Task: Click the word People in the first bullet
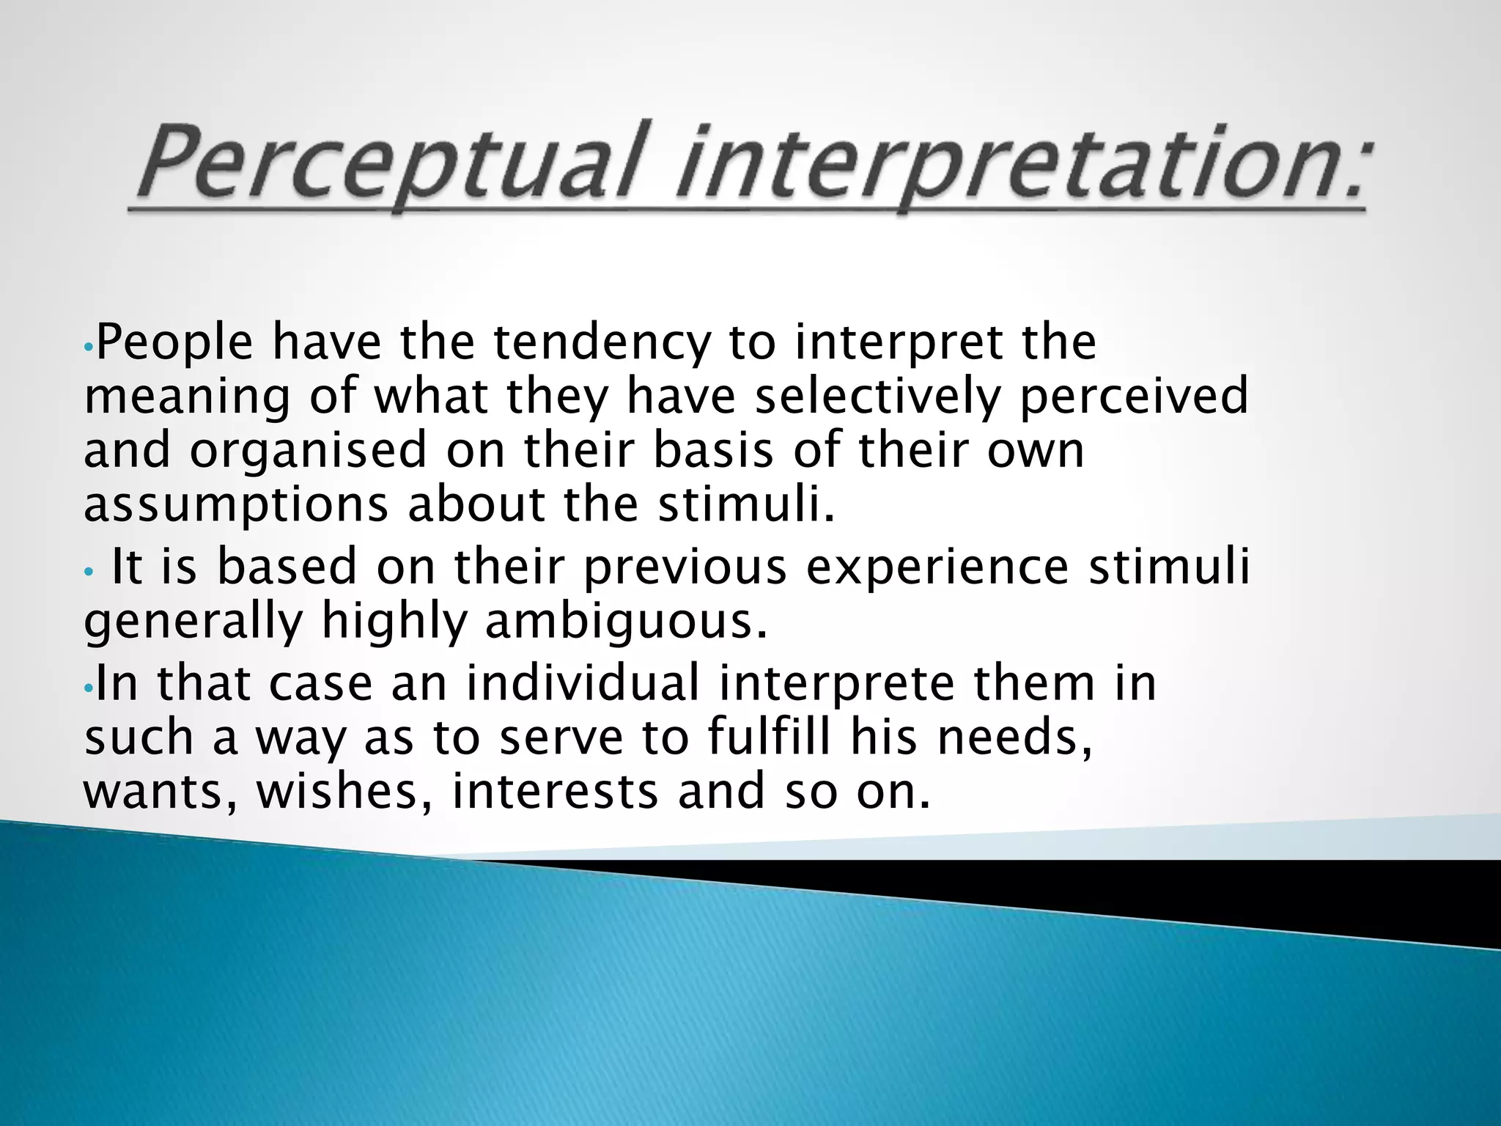tap(174, 343)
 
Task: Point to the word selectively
tap(877, 397)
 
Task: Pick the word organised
tap(309, 450)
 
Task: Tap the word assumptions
tap(235, 506)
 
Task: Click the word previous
tap(685, 568)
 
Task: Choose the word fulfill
tap(770, 737)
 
